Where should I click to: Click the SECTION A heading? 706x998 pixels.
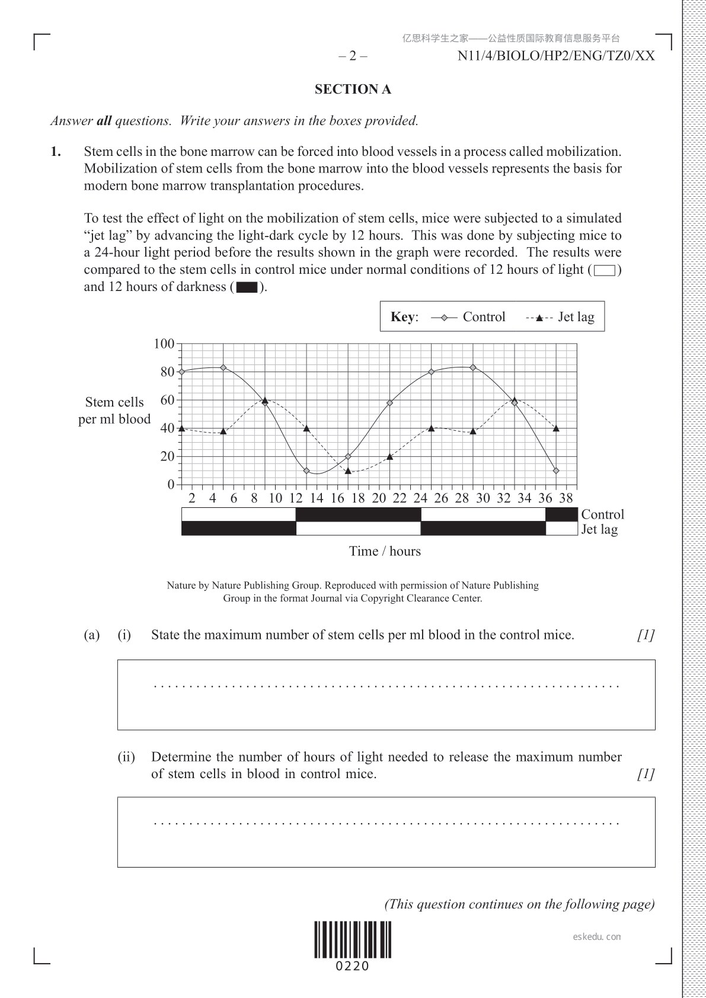pos(353,89)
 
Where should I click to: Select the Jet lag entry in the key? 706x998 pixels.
pos(560,317)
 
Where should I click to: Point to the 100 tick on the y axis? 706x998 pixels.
pos(164,344)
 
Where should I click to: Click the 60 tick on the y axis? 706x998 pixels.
pos(167,400)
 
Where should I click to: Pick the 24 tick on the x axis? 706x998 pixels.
pos(420,498)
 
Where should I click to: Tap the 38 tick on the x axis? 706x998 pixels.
pos(566,498)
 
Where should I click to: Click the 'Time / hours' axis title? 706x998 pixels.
pos(385,551)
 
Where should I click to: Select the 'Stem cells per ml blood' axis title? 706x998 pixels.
pos(114,411)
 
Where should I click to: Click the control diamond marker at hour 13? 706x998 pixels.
pos(306,471)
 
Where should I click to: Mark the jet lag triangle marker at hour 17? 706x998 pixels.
pos(348,471)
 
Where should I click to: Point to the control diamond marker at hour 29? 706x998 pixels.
pos(473,367)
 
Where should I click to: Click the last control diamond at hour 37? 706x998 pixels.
pos(556,471)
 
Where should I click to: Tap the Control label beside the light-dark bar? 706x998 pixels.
pos(602,514)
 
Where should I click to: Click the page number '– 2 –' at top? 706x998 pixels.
pos(353,56)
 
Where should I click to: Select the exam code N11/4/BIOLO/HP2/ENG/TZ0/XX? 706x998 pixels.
pos(556,56)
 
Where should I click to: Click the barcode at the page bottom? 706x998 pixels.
pos(353,940)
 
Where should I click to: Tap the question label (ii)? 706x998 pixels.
pos(126,757)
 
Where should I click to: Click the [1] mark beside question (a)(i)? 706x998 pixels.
pos(646,635)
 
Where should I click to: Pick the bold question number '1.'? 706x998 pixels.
pos(56,152)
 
